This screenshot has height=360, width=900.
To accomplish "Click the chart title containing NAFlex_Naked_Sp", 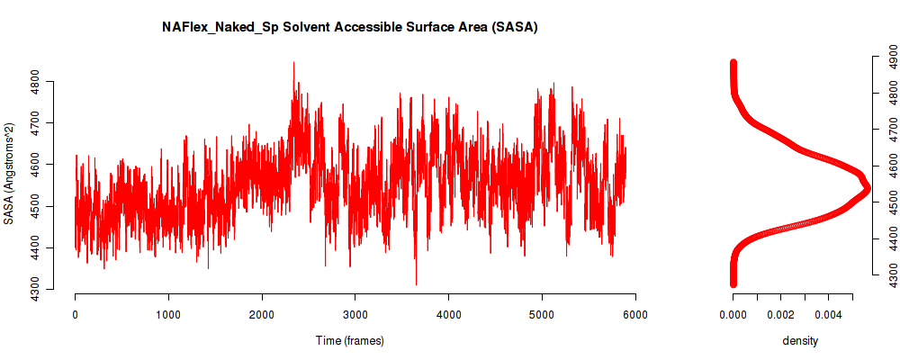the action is (x=349, y=28).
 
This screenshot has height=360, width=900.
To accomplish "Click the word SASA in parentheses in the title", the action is (x=514, y=28).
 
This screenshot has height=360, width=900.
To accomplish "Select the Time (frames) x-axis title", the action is (x=349, y=340).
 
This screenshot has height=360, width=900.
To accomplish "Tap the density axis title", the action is (x=800, y=340).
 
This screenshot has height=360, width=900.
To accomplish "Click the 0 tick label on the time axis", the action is (x=76, y=314).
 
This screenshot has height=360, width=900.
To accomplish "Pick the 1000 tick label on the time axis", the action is (x=169, y=314).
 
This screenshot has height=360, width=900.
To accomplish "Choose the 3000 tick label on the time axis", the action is (x=355, y=314).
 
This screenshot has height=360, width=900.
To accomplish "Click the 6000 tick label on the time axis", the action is (x=635, y=314).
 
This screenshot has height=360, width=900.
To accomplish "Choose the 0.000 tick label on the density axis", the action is (x=733, y=314).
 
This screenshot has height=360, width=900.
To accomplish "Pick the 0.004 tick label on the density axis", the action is (x=829, y=314).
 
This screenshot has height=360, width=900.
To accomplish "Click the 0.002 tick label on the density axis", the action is (x=780, y=314).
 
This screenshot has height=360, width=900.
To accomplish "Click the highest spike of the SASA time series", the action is (x=294, y=63).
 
